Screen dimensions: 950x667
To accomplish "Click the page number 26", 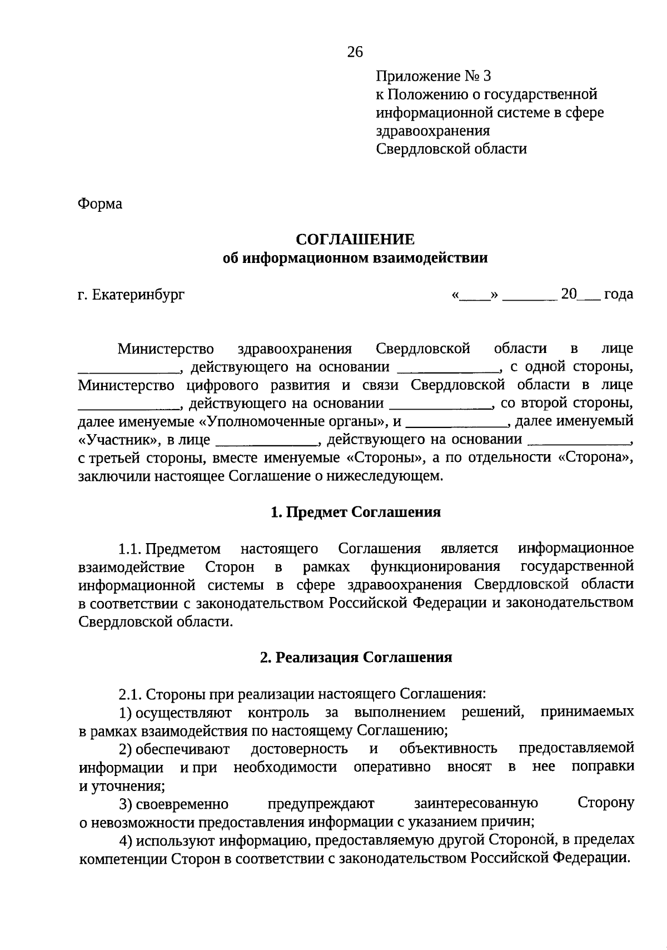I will click(355, 52).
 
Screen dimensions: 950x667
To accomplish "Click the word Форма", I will click(100, 205).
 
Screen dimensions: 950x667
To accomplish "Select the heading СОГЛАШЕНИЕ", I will click(355, 240).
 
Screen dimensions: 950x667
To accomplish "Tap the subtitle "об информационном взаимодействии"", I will click(355, 258).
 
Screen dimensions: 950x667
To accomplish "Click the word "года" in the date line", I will click(618, 294).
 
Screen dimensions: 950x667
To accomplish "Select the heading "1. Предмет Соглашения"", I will click(355, 513).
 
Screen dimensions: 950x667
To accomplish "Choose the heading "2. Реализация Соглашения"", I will click(356, 658).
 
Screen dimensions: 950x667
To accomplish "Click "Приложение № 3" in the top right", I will click(434, 76).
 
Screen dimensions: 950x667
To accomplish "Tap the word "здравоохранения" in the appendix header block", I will click(433, 131).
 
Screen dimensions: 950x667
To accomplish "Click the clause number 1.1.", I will click(131, 549).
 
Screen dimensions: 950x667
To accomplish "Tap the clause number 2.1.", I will click(131, 694).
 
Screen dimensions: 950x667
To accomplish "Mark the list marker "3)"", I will click(125, 804).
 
